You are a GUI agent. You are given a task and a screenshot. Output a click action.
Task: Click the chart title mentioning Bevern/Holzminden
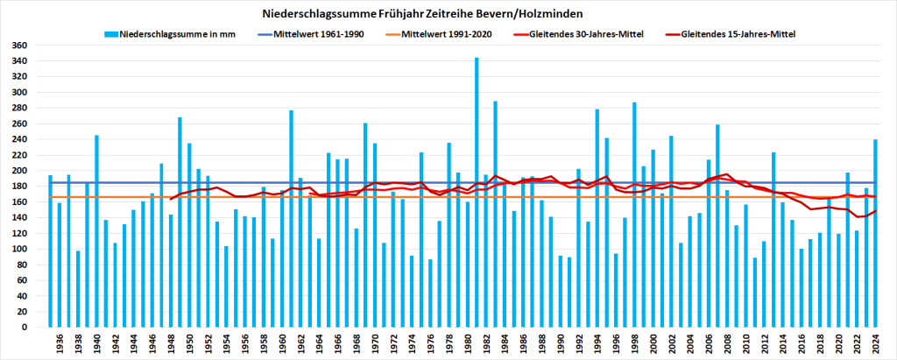448,14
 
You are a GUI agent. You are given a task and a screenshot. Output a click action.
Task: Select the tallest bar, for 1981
477,193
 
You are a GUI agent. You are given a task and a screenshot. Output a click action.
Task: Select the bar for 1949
180,222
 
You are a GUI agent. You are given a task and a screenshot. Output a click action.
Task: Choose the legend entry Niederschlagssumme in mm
166,34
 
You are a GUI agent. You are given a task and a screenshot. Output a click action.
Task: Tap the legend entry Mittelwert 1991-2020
446,34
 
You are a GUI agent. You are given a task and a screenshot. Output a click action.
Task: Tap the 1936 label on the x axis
59,343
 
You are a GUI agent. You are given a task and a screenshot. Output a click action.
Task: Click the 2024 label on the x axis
876,343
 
